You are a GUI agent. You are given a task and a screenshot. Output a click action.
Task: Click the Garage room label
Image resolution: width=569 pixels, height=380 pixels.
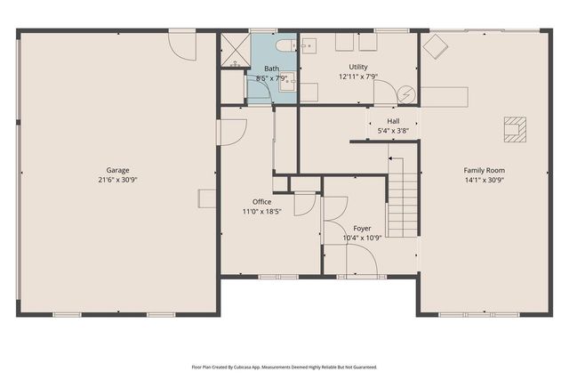tap(118, 170)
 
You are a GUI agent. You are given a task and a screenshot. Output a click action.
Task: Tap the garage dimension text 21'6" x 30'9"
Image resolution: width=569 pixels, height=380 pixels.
tap(118, 180)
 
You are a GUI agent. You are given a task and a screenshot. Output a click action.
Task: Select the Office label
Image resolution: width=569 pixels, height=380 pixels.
tap(261, 202)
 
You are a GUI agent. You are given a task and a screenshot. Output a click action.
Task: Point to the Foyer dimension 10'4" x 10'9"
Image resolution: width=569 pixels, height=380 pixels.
tap(363, 238)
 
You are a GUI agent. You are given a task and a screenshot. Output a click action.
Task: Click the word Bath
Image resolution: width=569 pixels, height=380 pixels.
tap(271, 68)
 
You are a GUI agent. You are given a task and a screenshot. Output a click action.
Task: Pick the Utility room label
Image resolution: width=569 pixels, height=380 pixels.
tap(358, 67)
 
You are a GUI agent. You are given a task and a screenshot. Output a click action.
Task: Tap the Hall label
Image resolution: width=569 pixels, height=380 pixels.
tap(393, 121)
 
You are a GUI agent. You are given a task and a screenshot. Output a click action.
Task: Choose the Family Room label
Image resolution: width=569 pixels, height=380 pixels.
tap(484, 170)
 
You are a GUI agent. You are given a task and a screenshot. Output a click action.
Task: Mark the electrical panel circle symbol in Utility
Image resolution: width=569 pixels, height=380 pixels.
tap(407, 93)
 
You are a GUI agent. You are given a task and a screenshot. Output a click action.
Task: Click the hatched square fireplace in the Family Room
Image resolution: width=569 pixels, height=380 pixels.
tap(514, 129)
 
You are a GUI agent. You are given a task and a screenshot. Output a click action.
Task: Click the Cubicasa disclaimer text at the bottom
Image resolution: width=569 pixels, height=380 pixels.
tap(284, 366)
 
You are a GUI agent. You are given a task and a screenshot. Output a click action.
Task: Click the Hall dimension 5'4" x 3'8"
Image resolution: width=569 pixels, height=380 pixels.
tap(393, 131)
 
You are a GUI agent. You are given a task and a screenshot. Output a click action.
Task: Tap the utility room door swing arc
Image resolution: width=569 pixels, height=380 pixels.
tap(386, 91)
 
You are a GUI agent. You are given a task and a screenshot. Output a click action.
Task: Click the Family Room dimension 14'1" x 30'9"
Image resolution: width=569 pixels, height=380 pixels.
tap(484, 180)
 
